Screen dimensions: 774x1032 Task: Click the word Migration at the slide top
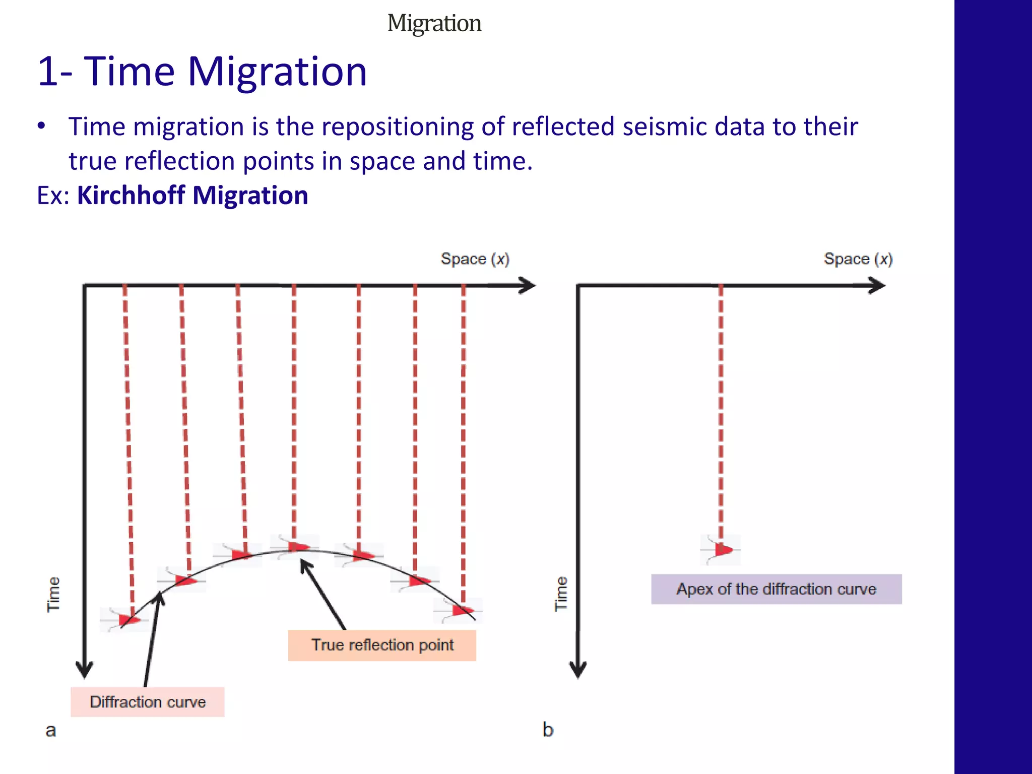[434, 23]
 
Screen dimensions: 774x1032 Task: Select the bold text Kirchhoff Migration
[192, 195]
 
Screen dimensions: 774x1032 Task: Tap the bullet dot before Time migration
[42, 125]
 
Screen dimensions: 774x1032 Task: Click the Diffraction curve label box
[147, 701]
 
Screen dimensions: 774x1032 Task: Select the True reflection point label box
[382, 644]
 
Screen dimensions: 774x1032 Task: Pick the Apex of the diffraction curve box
[776, 589]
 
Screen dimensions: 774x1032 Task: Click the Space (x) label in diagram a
[475, 259]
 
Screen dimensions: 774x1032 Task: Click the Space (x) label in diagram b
[858, 259]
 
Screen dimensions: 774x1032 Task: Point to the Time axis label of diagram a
[53, 594]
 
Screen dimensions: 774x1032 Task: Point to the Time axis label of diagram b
[561, 594]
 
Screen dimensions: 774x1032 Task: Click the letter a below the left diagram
[50, 730]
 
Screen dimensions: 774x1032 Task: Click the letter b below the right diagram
[548, 730]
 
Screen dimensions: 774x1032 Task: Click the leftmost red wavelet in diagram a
[129, 619]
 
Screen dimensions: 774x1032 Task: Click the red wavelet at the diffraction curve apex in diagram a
[298, 547]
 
